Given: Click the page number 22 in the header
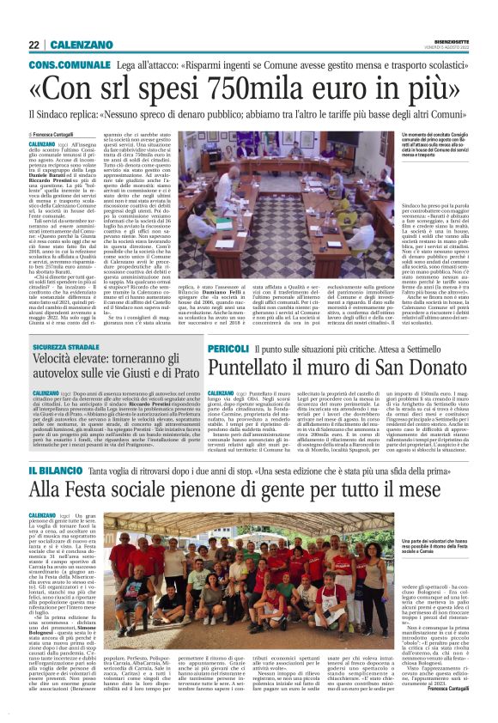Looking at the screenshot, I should [34, 45].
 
